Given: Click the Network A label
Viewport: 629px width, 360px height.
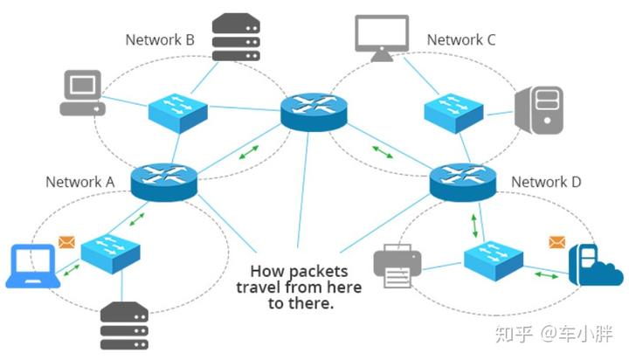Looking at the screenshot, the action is tap(79, 182).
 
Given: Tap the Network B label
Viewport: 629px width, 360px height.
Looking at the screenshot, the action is tap(160, 39).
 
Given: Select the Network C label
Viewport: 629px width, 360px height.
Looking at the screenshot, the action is tap(461, 39).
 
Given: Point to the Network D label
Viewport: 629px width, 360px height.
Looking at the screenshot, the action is tap(546, 182).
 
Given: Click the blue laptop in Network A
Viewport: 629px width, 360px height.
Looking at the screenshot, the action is tap(33, 266).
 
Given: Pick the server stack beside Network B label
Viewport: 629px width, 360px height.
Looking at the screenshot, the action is tap(236, 37).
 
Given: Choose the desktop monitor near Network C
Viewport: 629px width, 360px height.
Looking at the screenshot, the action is tap(382, 38).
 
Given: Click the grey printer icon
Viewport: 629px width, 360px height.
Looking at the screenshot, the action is tap(397, 266).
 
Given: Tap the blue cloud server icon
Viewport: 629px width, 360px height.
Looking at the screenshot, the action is tap(595, 266).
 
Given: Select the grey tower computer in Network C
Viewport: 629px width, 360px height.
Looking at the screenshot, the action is tap(540, 110).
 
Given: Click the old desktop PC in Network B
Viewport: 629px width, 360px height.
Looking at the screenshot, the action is tap(83, 93).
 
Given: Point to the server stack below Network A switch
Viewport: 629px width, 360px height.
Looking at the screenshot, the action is tap(124, 325).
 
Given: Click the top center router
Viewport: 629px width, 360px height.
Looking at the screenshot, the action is tap(314, 112).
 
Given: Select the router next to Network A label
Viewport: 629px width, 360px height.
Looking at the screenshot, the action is tap(164, 182).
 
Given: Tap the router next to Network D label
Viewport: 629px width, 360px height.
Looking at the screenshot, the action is tap(463, 182).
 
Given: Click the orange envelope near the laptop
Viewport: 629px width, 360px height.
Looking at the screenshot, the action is tap(66, 242).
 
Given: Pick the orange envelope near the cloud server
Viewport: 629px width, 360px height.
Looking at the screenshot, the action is tap(557, 242).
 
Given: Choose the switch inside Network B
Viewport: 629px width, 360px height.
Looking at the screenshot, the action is tap(177, 113).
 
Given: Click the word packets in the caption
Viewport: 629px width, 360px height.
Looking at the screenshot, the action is tap(319, 272).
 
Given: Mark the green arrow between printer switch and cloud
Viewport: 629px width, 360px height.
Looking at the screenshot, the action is tap(546, 275).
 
